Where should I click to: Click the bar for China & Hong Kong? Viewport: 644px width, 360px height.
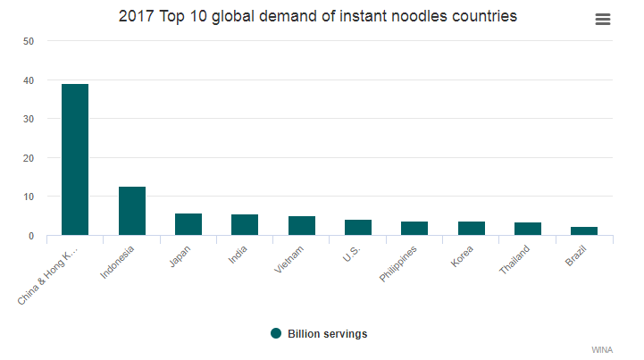pos(74,160)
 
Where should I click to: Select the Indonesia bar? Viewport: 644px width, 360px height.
pos(131,212)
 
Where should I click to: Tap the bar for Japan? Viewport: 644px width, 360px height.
pos(188,225)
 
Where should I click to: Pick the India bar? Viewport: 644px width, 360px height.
pos(245,225)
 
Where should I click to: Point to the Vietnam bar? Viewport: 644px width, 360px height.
pos(301,226)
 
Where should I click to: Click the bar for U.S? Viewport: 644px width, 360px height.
pos(357,228)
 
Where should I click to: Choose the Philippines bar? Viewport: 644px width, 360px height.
pos(414,229)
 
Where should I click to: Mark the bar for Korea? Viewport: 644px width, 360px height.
pos(471,229)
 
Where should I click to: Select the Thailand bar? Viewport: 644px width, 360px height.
pos(527,230)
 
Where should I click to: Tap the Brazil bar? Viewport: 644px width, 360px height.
pos(584,231)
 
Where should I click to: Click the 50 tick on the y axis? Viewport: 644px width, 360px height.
pos(29,41)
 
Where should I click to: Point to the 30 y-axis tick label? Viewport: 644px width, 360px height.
pos(29,119)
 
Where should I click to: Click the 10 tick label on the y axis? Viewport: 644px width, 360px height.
pos(29,197)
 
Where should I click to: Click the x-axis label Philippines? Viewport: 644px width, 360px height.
pos(397,261)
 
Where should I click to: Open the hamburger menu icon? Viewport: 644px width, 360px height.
pos(603,20)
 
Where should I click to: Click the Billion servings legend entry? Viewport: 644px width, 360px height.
pos(319,334)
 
